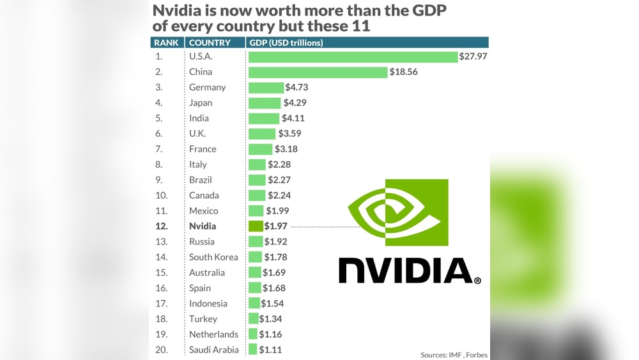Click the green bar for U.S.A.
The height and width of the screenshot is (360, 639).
353,56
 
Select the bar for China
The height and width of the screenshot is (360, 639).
318,72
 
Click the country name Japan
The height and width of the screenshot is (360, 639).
201,103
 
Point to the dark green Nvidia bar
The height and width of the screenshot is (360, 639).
256,226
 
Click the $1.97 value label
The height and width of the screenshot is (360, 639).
276,226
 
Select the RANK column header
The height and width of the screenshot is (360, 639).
166,43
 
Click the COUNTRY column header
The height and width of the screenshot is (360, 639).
210,43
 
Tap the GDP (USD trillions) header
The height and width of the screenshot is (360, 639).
286,43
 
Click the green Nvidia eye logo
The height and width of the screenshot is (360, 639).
398,212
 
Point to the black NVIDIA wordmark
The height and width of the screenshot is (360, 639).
405,270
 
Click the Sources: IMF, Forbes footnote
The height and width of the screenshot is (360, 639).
454,354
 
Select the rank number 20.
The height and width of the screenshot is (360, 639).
161,350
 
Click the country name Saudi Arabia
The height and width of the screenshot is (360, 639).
214,350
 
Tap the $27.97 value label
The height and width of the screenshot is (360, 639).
473,57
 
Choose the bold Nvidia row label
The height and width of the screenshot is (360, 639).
203,226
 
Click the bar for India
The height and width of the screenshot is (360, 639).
264,118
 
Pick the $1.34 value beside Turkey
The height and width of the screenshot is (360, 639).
271,319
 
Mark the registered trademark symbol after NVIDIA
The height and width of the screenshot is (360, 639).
477,280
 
